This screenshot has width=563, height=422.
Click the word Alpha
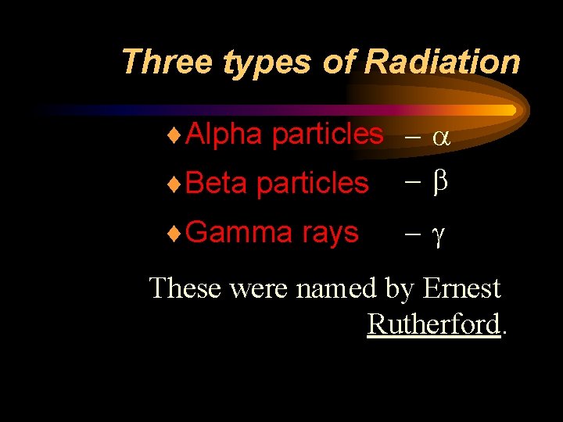(x=224, y=134)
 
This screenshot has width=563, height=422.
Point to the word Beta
(x=217, y=183)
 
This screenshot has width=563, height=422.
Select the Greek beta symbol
(x=439, y=183)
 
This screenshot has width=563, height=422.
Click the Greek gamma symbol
(x=439, y=234)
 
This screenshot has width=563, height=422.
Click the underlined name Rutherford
(x=433, y=324)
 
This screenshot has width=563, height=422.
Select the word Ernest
(x=461, y=288)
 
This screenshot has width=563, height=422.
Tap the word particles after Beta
(x=312, y=184)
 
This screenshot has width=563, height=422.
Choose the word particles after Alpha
(x=328, y=135)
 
